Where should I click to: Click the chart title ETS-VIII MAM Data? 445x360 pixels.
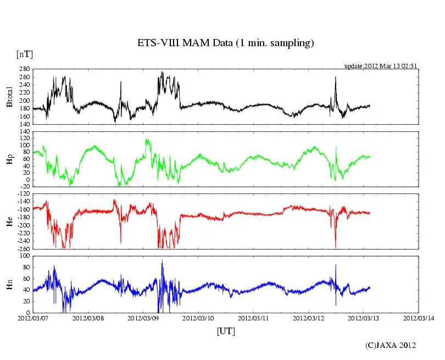coord(225,43)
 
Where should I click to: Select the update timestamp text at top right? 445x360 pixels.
coord(380,66)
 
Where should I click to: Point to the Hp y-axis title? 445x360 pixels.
coord(9,159)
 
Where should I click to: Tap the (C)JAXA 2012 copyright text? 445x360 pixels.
coord(391,345)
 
